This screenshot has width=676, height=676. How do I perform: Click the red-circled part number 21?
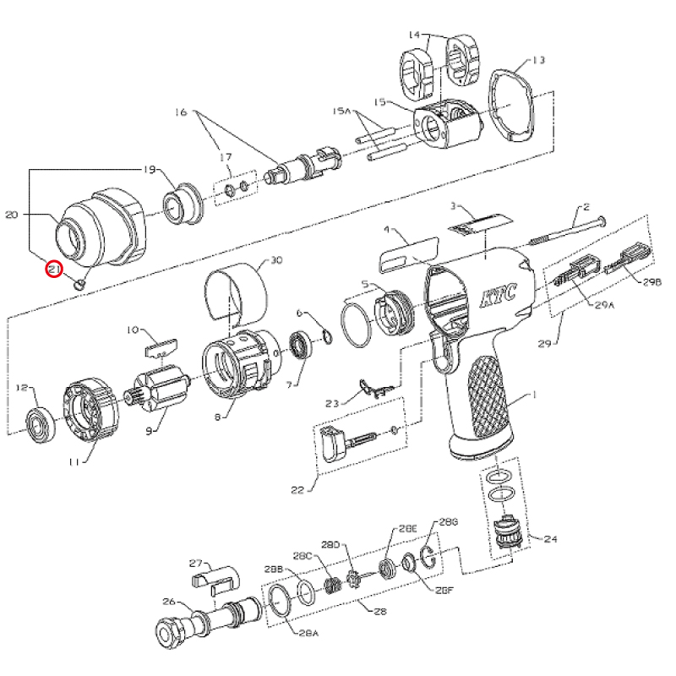pos(54,270)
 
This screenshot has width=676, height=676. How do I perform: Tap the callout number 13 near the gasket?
pos(538,60)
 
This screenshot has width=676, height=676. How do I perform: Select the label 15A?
pos(341,112)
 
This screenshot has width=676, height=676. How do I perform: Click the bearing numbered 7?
pos(300,347)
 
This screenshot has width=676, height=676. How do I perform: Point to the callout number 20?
pos(12,215)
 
